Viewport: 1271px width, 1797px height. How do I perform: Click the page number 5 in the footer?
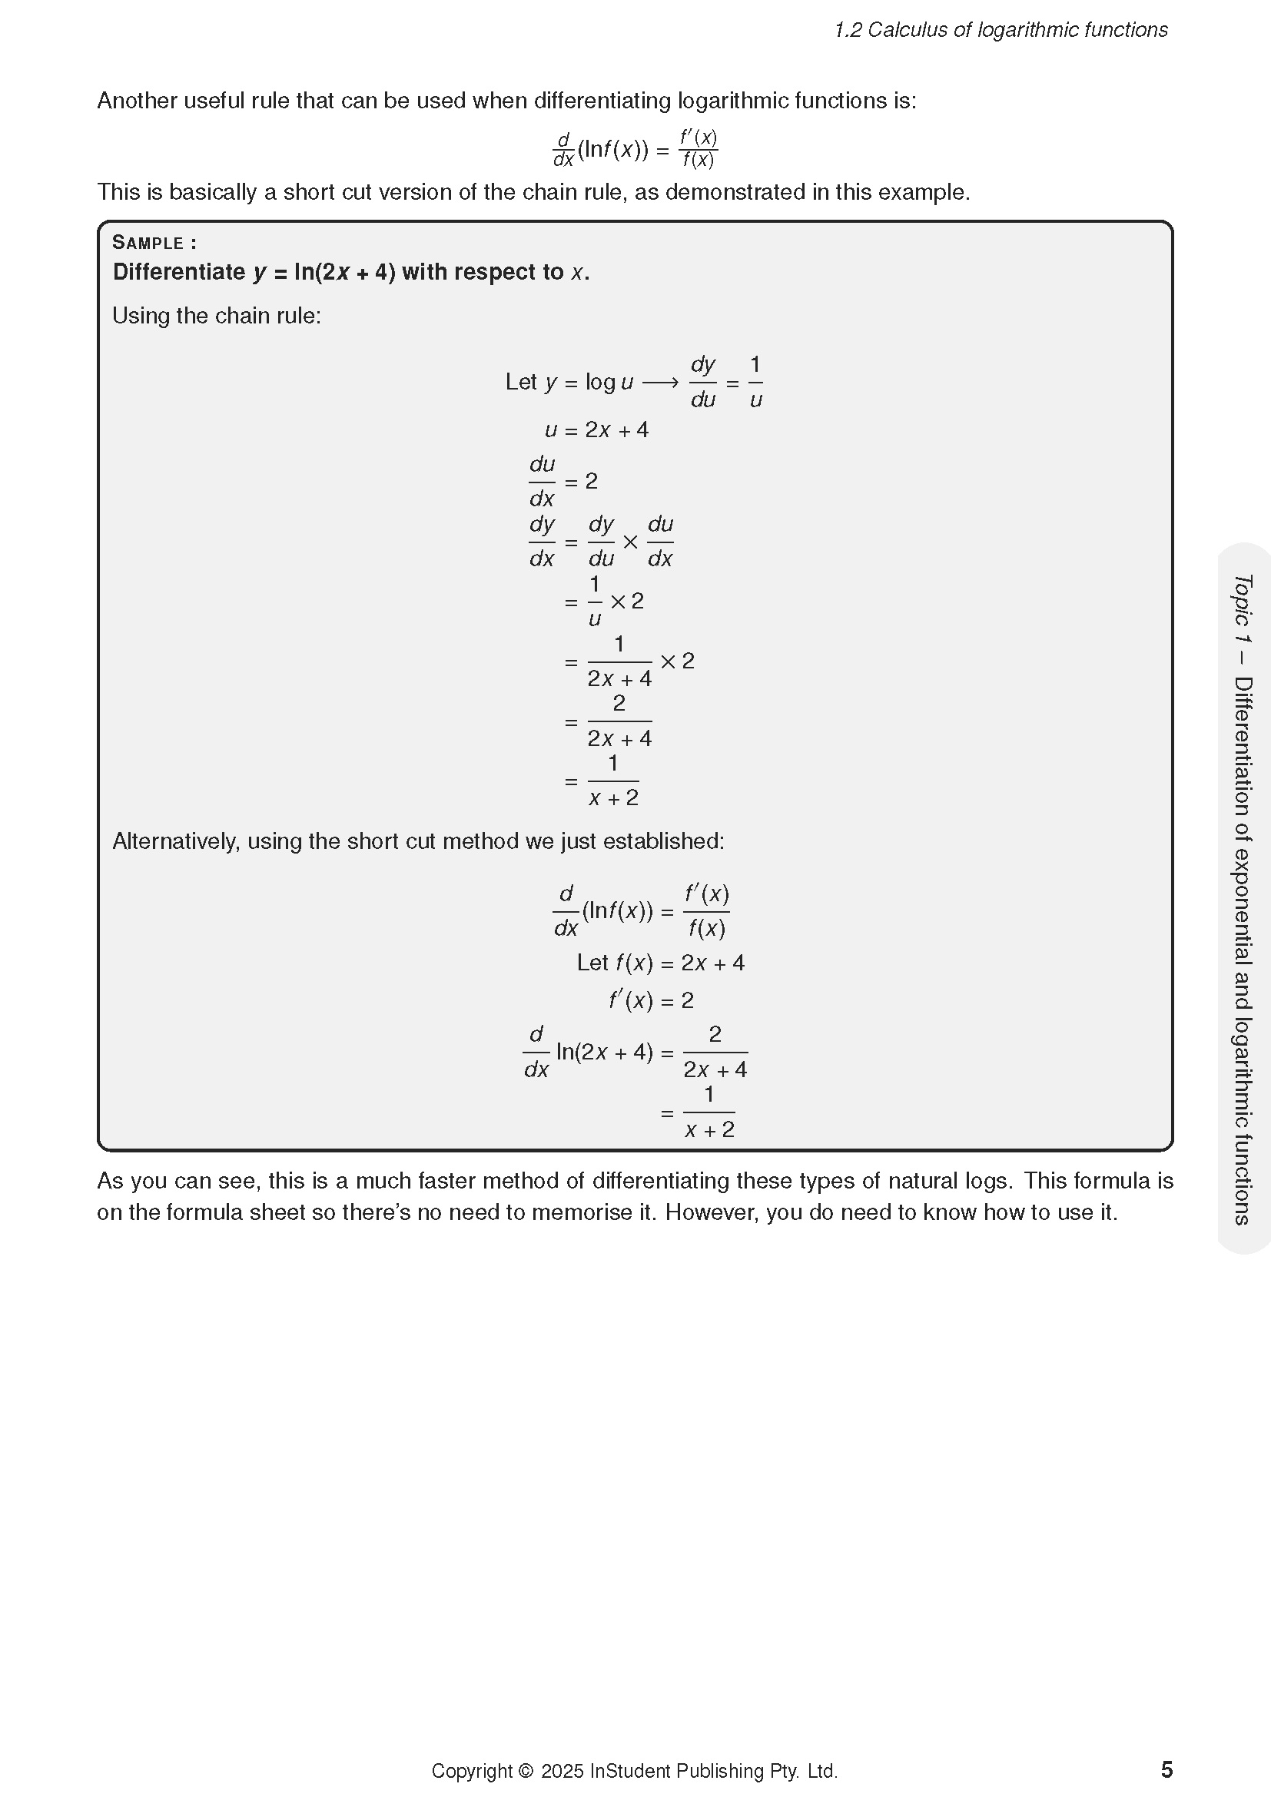pos(1166,1769)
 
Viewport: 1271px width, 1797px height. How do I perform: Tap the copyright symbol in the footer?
pos(525,1771)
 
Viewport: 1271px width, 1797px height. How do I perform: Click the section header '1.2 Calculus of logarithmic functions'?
pos(1001,30)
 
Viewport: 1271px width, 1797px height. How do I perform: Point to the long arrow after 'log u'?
pos(661,383)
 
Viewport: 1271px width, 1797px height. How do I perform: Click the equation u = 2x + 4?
pos(596,429)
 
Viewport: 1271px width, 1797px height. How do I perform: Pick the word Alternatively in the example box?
pos(176,841)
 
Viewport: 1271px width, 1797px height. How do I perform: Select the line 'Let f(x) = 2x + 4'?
pos(661,963)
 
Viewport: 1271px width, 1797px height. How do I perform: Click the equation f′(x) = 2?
pos(651,1000)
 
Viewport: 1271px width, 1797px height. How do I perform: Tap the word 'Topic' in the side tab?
pos(1243,599)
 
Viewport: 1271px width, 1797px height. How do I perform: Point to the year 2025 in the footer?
pos(562,1771)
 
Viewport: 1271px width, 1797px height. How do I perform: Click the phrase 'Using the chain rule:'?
pos(217,316)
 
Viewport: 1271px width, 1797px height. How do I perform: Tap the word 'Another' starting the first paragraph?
pos(137,101)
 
